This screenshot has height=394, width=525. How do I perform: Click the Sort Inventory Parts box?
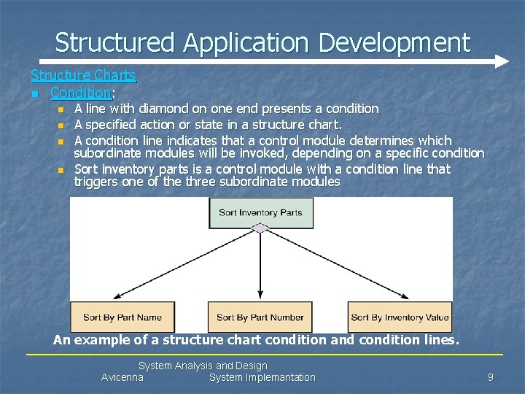260,213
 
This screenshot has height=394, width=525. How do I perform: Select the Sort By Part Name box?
122,317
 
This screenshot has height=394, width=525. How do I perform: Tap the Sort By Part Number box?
260,317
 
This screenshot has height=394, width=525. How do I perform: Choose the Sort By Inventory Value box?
400,317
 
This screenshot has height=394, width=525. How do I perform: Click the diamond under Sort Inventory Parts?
260,228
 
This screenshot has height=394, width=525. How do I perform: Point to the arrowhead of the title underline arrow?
502,62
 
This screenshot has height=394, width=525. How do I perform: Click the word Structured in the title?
116,42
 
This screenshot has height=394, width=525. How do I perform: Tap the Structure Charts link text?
83,75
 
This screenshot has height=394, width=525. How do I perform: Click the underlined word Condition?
80,93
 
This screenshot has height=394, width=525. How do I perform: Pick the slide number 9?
491,377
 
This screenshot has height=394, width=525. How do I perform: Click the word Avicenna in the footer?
122,377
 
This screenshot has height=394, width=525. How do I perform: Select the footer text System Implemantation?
262,377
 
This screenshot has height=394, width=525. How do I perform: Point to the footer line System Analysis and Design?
203,366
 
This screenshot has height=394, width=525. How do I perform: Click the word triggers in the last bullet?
95,182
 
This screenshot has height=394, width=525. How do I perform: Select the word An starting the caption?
62,340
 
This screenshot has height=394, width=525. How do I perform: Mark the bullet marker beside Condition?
34,93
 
